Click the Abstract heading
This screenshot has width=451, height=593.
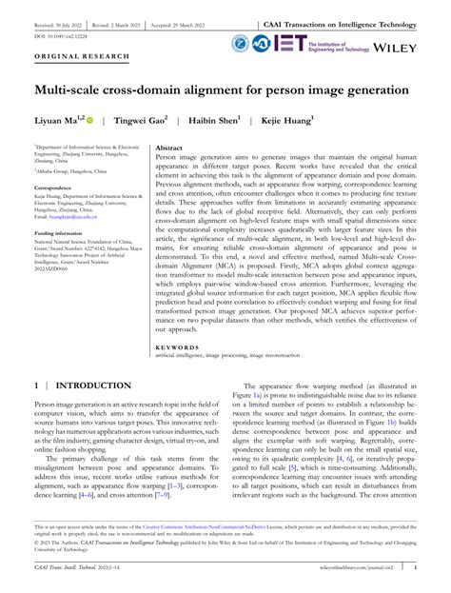tap(169, 149)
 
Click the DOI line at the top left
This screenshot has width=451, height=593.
tap(59, 37)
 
